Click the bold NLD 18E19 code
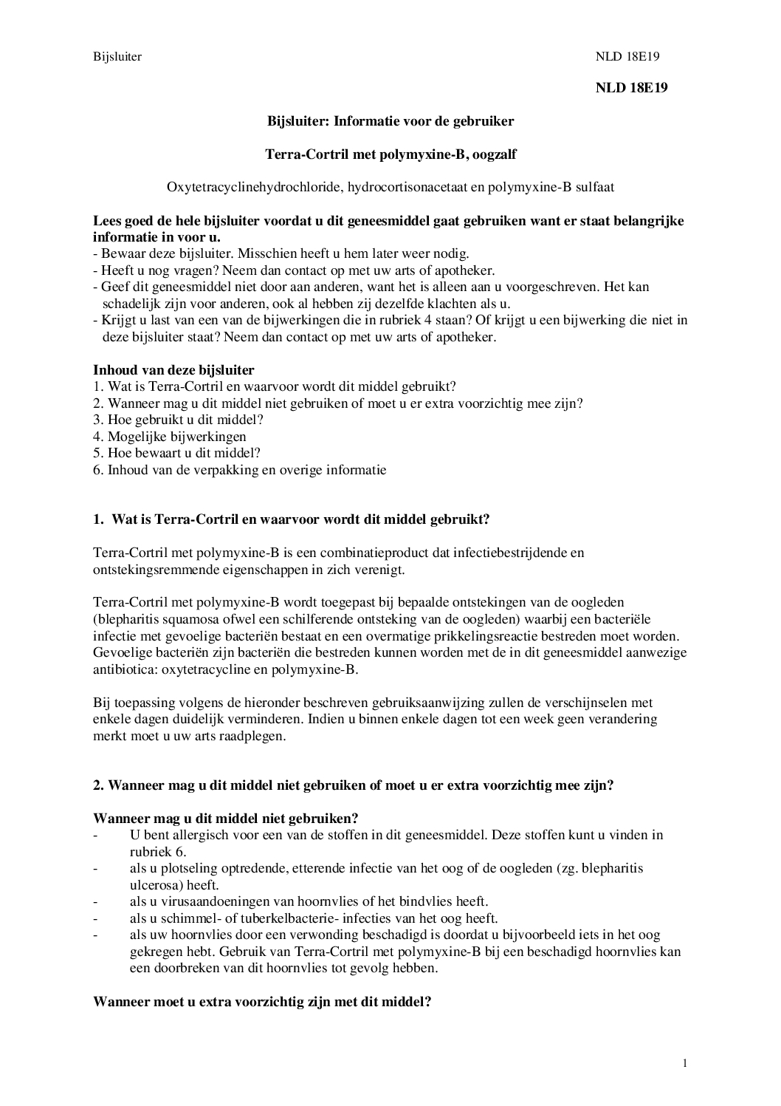tap(631, 88)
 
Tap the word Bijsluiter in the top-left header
tap(117, 56)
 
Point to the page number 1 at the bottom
tap(685, 1063)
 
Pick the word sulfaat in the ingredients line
tap(594, 187)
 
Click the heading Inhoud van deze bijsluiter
tap(173, 370)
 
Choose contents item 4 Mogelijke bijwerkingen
tap(170, 437)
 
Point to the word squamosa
tap(187, 620)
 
